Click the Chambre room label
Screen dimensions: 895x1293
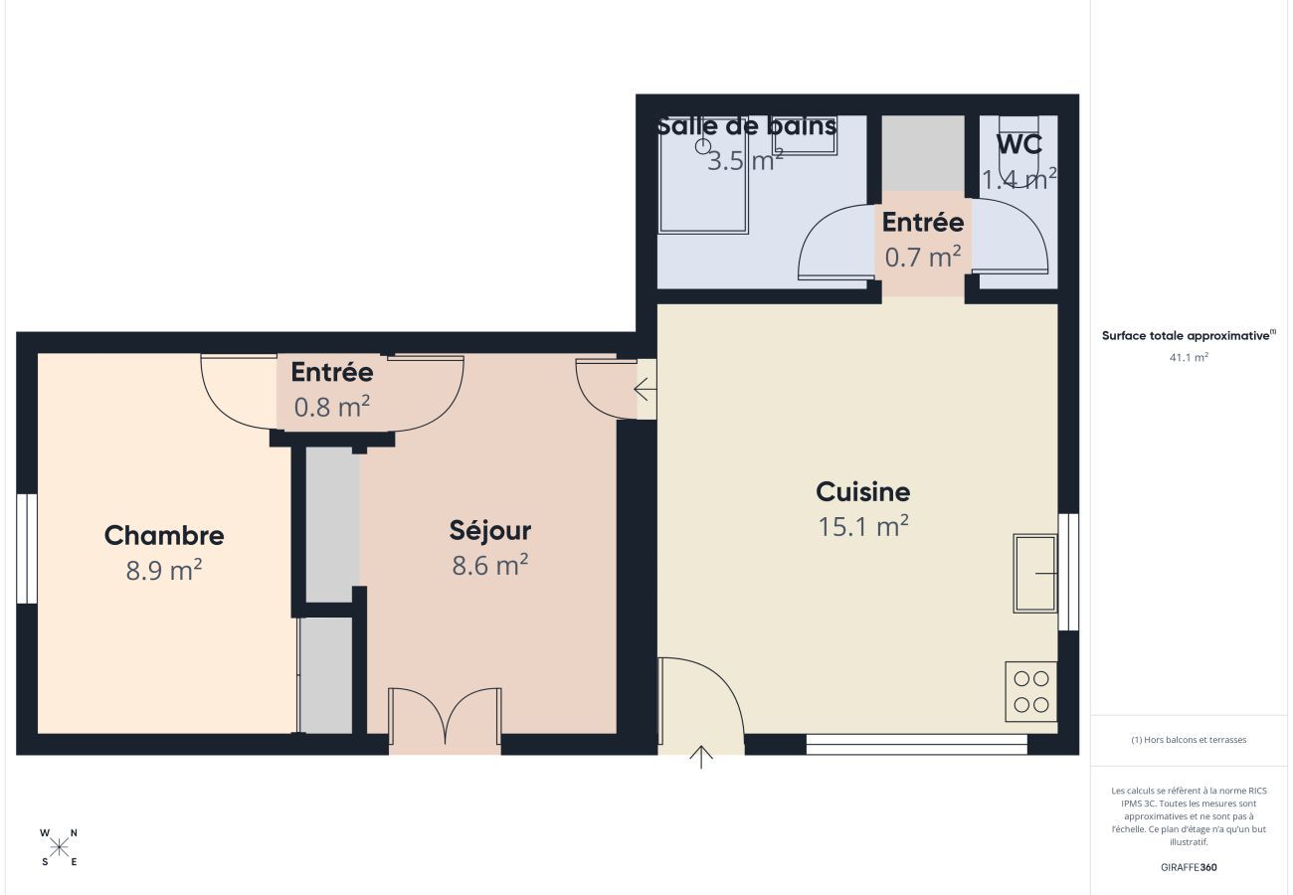[x=164, y=535]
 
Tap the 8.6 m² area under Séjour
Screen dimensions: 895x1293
[x=489, y=566]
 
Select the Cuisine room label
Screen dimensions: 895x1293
[x=862, y=491]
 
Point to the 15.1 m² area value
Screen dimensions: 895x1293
[x=862, y=527]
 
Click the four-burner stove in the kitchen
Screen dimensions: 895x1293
[x=1030, y=692]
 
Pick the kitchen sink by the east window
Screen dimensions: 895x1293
[x=1034, y=573]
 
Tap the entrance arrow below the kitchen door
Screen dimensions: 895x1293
[x=701, y=757]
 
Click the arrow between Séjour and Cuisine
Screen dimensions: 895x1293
[x=645, y=389]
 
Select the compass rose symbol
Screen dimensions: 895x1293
[x=60, y=847]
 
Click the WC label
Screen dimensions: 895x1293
[x=1018, y=144]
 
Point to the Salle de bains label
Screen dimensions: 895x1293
[x=746, y=126]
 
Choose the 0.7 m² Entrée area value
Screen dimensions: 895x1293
[x=923, y=258]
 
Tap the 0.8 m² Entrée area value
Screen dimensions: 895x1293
[x=332, y=407]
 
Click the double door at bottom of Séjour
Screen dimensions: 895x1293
[x=445, y=719]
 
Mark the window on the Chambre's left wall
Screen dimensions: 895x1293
[x=27, y=548]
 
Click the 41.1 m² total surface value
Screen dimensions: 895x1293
[x=1189, y=357]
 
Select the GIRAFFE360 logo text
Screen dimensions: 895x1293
[x=1189, y=867]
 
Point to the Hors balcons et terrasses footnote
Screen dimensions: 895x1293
[x=1189, y=740]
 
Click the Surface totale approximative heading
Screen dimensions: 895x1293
[x=1188, y=336]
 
